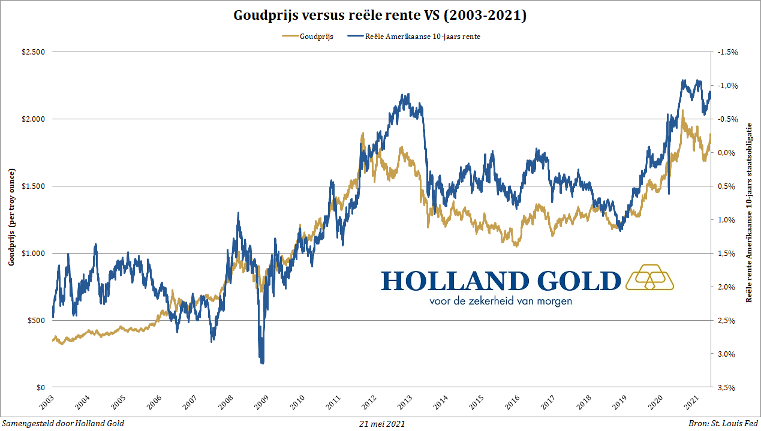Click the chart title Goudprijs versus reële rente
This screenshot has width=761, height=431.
[380, 16]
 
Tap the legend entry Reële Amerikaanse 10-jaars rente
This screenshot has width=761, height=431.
[423, 37]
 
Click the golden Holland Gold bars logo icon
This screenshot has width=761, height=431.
[649, 278]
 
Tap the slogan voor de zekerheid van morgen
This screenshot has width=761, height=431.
[501, 300]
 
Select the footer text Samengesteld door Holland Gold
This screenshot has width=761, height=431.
[63, 424]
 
